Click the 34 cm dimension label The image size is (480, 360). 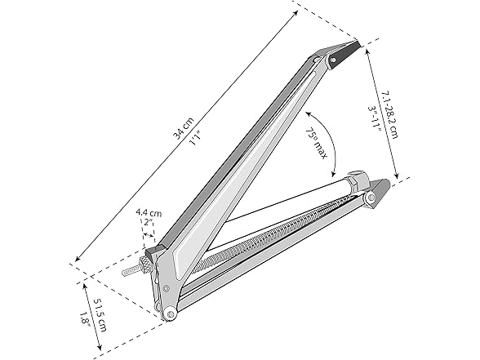pyautogui.click(x=184, y=128)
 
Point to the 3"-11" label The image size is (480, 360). pyautogui.click(x=374, y=119)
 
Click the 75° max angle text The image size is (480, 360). pyautogui.click(x=316, y=143)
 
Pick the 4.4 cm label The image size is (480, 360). pyautogui.click(x=149, y=212)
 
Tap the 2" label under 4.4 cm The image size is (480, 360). pyautogui.click(x=149, y=222)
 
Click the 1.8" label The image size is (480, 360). pyautogui.click(x=85, y=319)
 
